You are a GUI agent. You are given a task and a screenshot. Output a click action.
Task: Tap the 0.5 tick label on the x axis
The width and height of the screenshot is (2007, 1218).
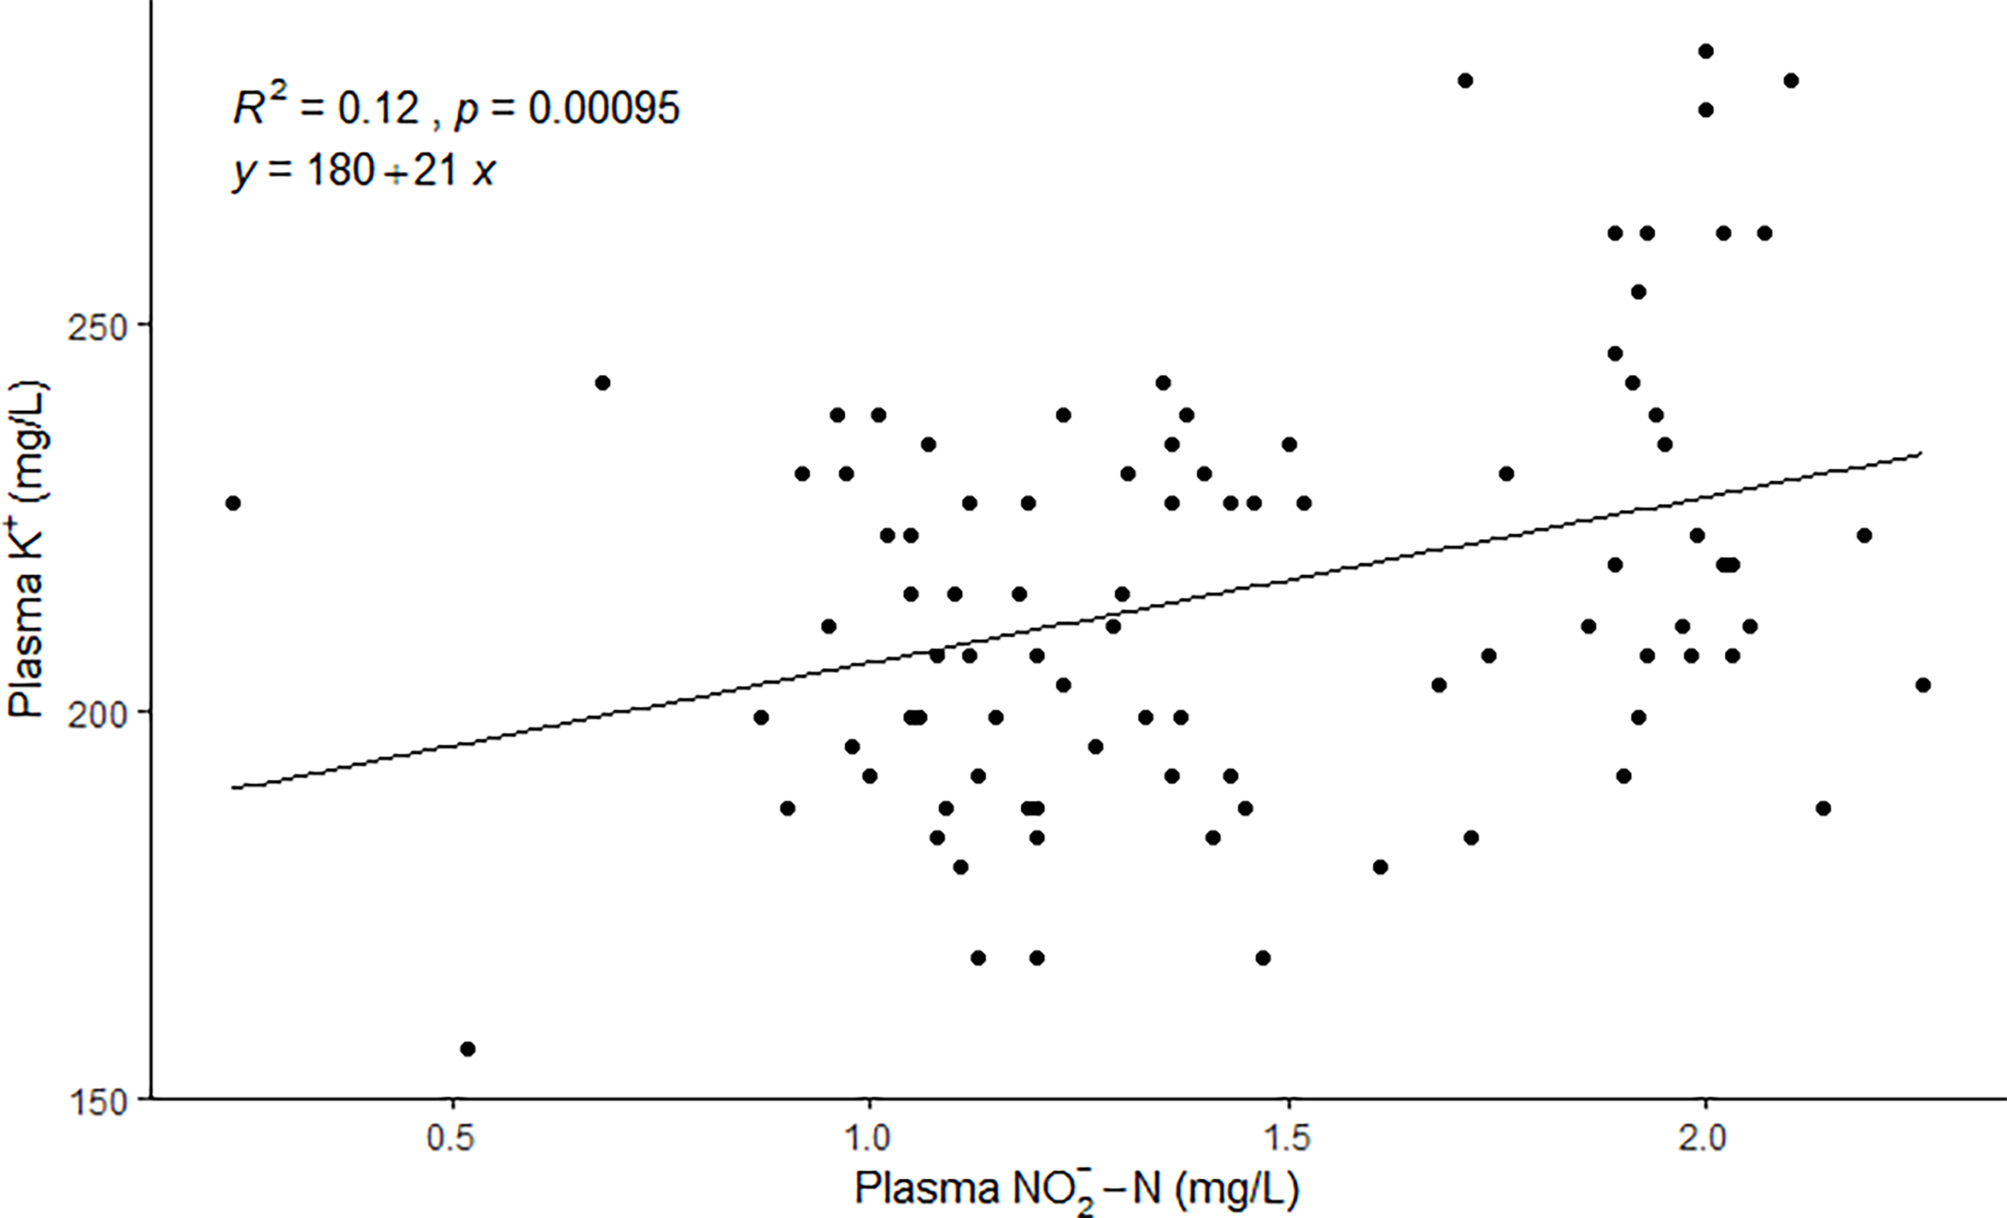point(450,1139)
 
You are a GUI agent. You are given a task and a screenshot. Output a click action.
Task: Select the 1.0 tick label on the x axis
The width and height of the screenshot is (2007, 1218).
point(869,1139)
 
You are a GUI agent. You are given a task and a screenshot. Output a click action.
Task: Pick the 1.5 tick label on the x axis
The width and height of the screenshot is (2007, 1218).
point(1288,1139)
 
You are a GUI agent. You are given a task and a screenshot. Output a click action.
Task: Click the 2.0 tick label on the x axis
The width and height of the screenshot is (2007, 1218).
point(1705,1139)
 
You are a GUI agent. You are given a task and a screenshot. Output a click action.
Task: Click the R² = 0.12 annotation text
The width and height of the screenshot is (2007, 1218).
point(326,107)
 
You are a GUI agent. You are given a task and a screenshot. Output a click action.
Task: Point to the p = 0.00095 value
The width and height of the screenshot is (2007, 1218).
point(567,108)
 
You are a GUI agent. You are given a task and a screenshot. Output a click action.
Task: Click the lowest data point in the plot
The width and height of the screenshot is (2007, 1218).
point(467,1049)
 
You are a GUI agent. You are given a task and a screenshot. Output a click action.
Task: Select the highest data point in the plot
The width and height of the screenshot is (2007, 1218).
point(1706,51)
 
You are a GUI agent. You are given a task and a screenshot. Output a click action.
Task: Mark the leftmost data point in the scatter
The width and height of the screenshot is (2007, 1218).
point(233,503)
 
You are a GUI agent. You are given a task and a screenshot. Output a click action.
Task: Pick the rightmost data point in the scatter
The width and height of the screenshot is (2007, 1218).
point(1923,685)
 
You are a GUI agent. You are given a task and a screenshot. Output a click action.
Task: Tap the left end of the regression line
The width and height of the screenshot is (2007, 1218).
point(233,788)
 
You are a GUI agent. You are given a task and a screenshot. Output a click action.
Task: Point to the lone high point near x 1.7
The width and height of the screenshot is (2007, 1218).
point(1465,80)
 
